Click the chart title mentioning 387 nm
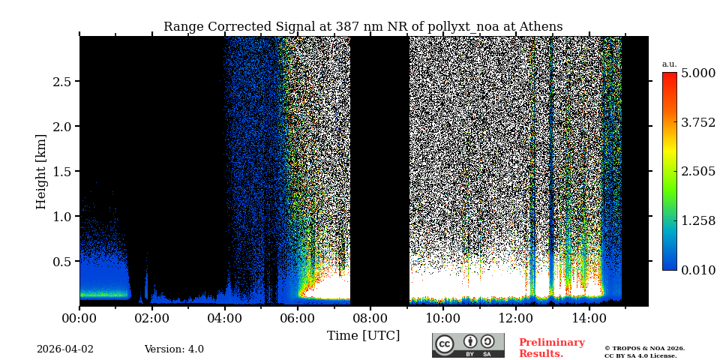click(x=363, y=27)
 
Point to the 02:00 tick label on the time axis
click(x=151, y=319)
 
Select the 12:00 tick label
click(x=515, y=319)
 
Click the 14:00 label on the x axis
click(x=588, y=319)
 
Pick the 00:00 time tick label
click(x=79, y=319)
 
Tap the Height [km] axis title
click(x=41, y=171)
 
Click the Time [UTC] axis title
click(x=363, y=336)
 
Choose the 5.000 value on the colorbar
click(x=697, y=73)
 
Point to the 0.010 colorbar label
click(x=697, y=270)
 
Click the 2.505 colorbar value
click(x=697, y=172)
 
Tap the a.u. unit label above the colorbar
click(x=669, y=64)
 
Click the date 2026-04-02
click(x=65, y=349)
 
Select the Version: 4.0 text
click(x=174, y=349)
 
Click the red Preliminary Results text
click(x=551, y=348)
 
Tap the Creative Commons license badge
click(x=468, y=345)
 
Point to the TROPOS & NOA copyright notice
click(x=644, y=352)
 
